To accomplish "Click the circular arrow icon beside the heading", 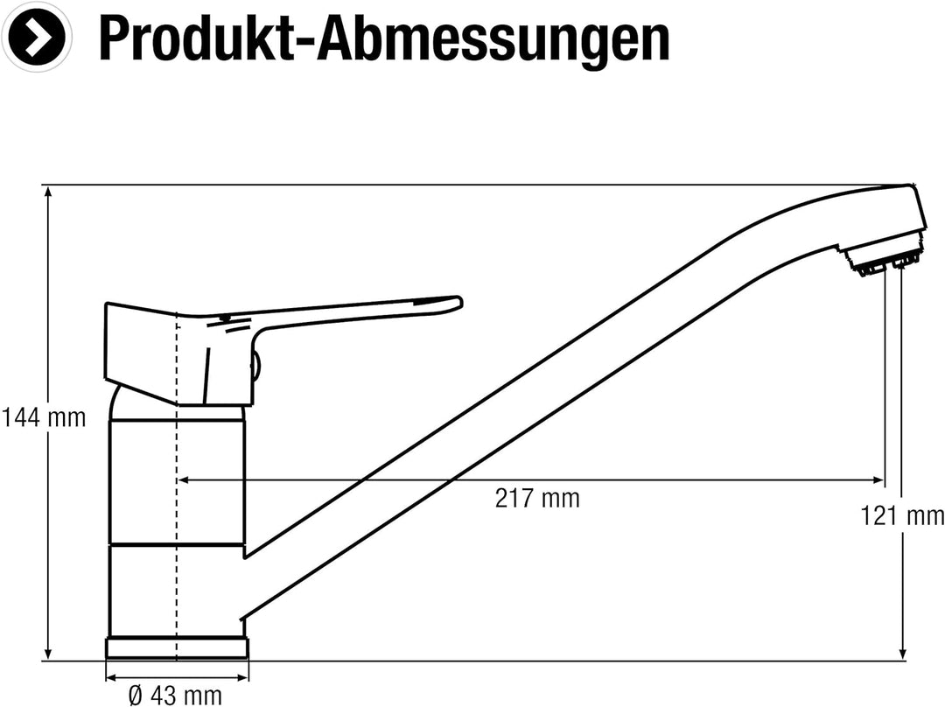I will coord(37,36).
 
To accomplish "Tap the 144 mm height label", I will coord(44,418).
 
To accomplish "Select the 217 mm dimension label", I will coord(536,499).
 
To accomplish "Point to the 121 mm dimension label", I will coord(902,516).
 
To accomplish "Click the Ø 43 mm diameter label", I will coord(175,696).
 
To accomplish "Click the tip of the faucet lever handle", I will coord(452,303).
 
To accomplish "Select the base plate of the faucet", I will coord(177,648).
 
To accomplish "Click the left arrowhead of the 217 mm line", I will coord(183,479).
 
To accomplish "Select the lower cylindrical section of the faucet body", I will coord(177,591).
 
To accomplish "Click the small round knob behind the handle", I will coord(255,366).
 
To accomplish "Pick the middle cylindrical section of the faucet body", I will coord(177,481).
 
